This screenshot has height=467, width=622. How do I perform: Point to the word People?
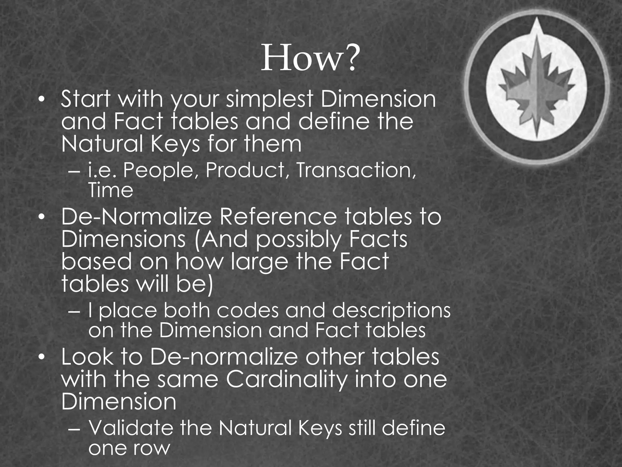click(x=158, y=171)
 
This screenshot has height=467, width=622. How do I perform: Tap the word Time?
click(x=111, y=191)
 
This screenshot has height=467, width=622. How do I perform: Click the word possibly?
click(x=299, y=240)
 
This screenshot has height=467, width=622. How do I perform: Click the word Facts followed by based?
click(x=378, y=240)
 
